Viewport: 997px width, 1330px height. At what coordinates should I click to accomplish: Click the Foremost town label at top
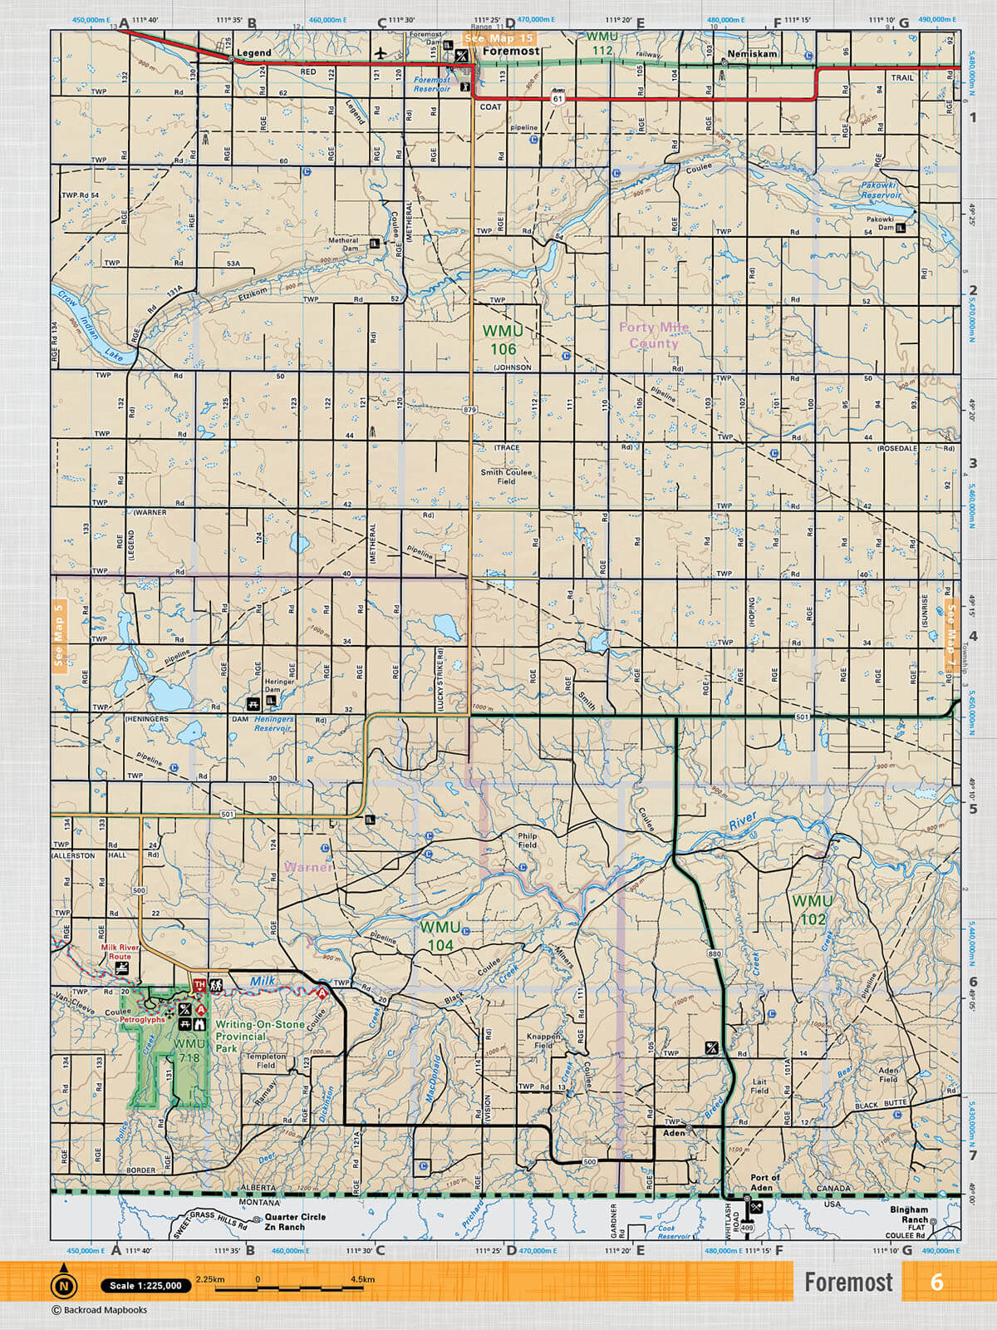[511, 51]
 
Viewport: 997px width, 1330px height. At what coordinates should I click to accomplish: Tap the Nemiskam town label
[752, 53]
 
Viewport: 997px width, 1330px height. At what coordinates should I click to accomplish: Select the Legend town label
[253, 52]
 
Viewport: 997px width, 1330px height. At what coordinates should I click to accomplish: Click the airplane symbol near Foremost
[381, 53]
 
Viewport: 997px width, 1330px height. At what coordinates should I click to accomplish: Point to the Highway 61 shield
[557, 99]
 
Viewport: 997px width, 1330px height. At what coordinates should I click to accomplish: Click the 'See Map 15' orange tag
[498, 38]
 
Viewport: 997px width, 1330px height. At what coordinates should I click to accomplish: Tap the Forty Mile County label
[653, 335]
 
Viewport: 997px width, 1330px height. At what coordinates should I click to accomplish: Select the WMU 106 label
[503, 340]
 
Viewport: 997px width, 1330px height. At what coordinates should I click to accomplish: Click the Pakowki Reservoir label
[880, 190]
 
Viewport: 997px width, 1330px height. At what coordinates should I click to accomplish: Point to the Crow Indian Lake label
[86, 326]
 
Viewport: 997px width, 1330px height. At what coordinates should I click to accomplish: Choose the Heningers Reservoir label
[273, 723]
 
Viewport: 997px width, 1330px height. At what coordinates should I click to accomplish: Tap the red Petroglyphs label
[142, 1019]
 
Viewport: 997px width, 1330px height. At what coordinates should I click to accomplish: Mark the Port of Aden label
[764, 1182]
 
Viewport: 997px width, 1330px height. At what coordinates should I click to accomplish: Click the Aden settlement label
[674, 1132]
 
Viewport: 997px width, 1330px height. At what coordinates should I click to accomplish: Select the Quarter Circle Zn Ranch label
[295, 1221]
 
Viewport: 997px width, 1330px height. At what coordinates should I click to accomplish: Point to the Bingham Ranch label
[908, 1214]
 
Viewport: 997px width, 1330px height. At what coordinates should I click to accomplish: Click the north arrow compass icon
[62, 1285]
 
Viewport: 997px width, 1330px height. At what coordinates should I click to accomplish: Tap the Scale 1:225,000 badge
[145, 1285]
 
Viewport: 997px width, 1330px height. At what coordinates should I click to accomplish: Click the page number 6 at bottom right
[936, 1282]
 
